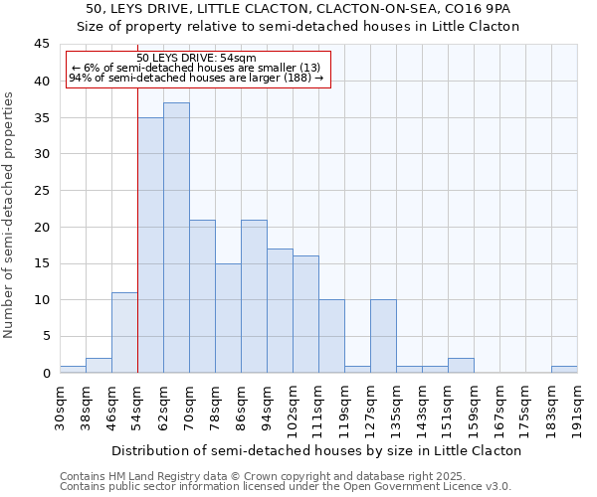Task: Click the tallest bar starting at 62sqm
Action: (176, 238)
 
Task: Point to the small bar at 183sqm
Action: (564, 369)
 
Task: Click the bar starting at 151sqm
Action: (461, 365)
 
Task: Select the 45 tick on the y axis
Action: (42, 45)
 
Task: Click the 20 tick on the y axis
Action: (42, 227)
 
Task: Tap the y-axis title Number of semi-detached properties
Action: (10, 215)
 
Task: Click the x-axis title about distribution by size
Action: (316, 450)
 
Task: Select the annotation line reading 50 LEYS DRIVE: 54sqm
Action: (196, 59)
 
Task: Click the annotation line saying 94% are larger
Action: (196, 78)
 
